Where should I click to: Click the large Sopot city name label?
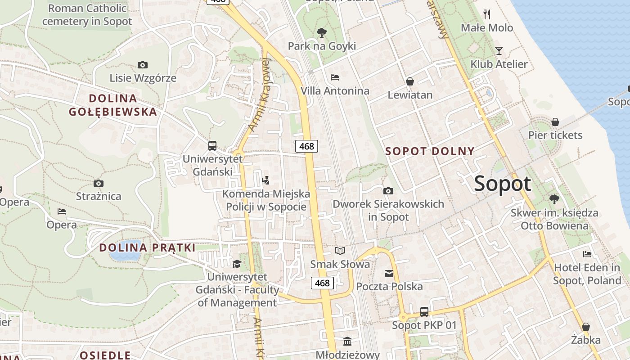point(503,184)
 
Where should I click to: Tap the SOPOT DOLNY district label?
point(430,151)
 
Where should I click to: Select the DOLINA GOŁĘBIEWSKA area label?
point(113,105)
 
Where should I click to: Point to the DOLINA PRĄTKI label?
point(147,247)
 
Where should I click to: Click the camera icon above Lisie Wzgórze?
point(143,65)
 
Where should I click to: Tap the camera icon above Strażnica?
point(99,183)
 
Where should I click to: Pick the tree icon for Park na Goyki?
point(321,32)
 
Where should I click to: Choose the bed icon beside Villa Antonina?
point(334,77)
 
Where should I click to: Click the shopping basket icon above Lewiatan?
point(410,81)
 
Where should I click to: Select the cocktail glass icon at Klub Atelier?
point(499,50)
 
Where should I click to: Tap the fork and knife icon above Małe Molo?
point(487,14)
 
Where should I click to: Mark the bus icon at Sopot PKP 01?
point(424,311)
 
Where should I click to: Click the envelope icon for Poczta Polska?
point(389,273)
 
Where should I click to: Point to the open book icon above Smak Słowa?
point(340,251)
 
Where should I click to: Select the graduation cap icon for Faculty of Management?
point(237,264)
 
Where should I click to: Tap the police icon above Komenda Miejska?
point(265,181)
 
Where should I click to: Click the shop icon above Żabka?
point(585,326)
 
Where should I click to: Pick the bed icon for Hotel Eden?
point(587,254)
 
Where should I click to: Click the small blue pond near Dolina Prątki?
point(124,255)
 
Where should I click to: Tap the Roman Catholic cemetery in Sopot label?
point(87,14)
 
